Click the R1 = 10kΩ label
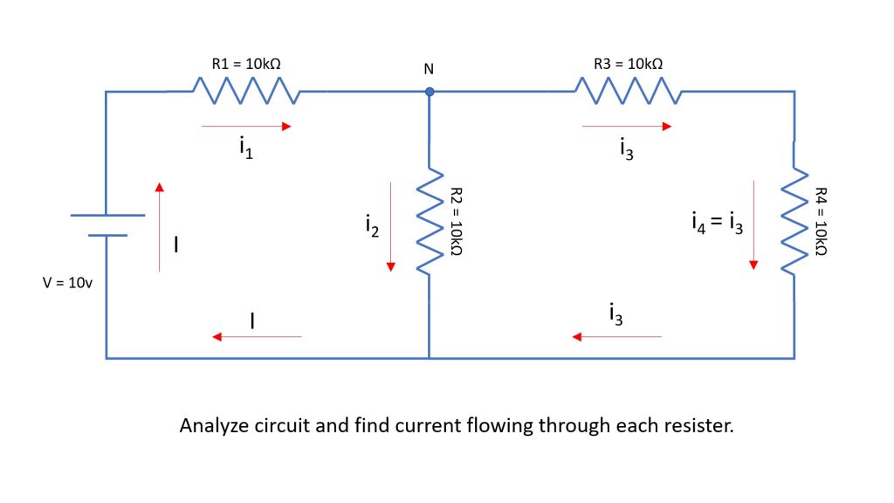[246, 64]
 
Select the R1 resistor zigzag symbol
[245, 90]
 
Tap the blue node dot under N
[429, 91]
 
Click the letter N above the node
[429, 69]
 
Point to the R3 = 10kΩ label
[627, 64]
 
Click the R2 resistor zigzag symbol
[429, 222]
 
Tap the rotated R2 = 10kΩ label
[455, 222]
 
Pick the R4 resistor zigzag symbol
[794, 222]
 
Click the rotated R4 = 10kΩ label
[820, 222]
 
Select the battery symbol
[106, 225]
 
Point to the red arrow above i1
[245, 127]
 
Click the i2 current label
[372, 226]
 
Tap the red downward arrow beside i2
[392, 226]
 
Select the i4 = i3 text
[715, 226]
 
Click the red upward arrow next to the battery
[159, 226]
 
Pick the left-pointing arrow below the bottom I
[258, 336]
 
